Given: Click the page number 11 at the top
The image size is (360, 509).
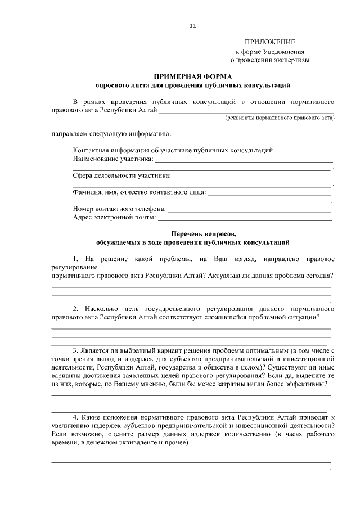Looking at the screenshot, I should [193, 26].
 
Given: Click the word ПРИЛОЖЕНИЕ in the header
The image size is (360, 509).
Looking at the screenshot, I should [269, 42].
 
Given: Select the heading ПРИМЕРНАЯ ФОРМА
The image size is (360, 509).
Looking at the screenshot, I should [193, 76].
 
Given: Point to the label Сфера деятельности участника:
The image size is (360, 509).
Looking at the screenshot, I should [121, 175].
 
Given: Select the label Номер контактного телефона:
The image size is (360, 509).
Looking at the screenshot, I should [119, 208].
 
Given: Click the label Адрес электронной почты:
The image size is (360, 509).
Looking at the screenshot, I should [114, 217].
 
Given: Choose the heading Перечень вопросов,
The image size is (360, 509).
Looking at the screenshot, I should [193, 234].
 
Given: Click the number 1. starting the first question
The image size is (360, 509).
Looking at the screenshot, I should [77, 259].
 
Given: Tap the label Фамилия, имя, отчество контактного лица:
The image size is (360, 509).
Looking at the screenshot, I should [139, 192].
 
